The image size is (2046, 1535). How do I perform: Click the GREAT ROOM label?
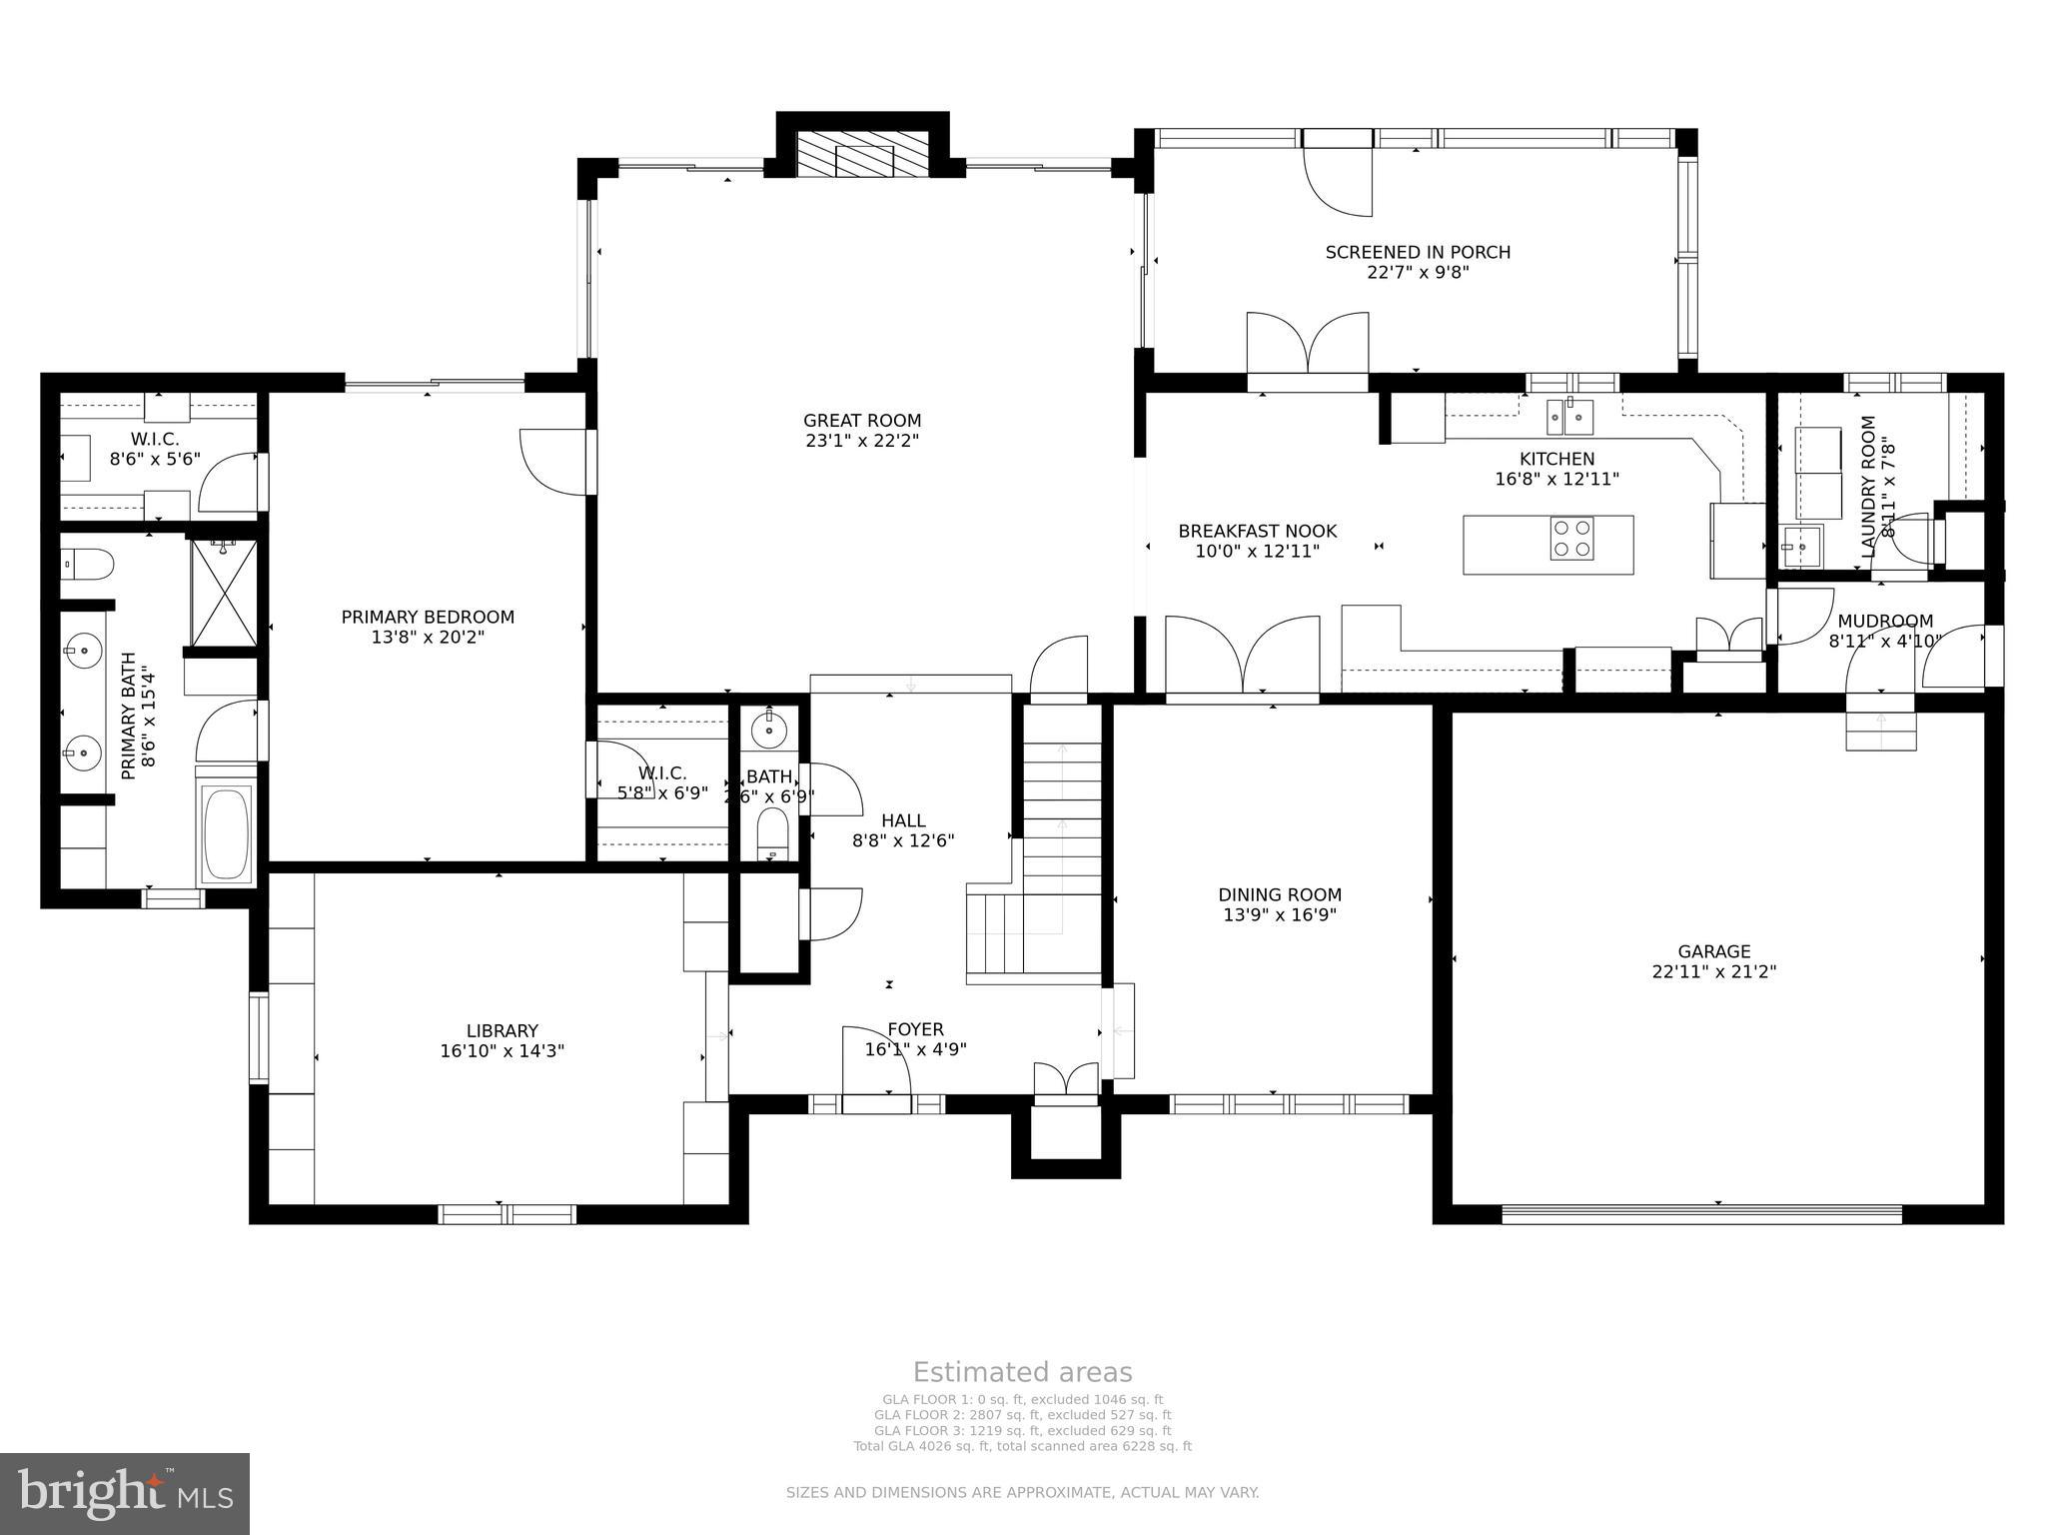click(x=862, y=421)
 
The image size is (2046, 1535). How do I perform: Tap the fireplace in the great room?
click(x=862, y=154)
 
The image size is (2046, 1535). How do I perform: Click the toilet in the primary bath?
click(x=87, y=566)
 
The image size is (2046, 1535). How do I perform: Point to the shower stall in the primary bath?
click(x=224, y=592)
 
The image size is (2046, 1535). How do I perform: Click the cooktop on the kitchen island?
click(x=1571, y=539)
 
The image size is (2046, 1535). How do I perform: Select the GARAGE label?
click(x=1714, y=951)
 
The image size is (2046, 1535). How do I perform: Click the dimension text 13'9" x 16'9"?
click(x=1280, y=914)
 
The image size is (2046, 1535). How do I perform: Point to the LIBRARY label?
click(x=503, y=1030)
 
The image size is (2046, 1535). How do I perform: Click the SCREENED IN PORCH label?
click(x=1418, y=252)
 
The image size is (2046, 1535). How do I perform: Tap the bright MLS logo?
click(x=125, y=1494)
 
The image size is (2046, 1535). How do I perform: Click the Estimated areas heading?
click(x=1023, y=1372)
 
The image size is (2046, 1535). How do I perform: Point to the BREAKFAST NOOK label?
click(x=1257, y=531)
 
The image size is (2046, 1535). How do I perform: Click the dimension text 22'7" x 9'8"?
click(x=1418, y=272)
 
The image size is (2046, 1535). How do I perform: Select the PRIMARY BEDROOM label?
click(x=428, y=617)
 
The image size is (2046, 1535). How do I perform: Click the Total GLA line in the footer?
click(x=1022, y=1446)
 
